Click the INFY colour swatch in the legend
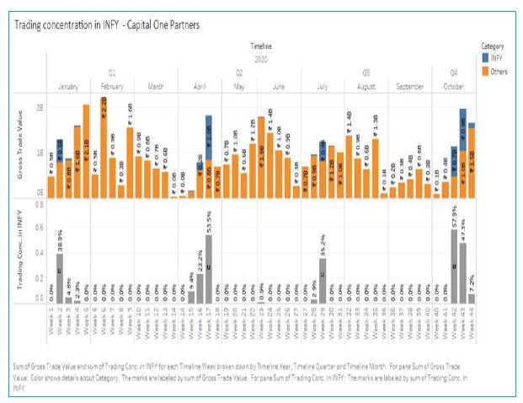[x=485, y=56]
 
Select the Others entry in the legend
[x=498, y=67]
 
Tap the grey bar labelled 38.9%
[x=60, y=277]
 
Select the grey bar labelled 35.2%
[x=323, y=280]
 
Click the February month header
[x=112, y=87]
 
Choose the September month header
[x=409, y=87]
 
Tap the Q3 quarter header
[x=366, y=73]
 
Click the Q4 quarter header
[x=454, y=73]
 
